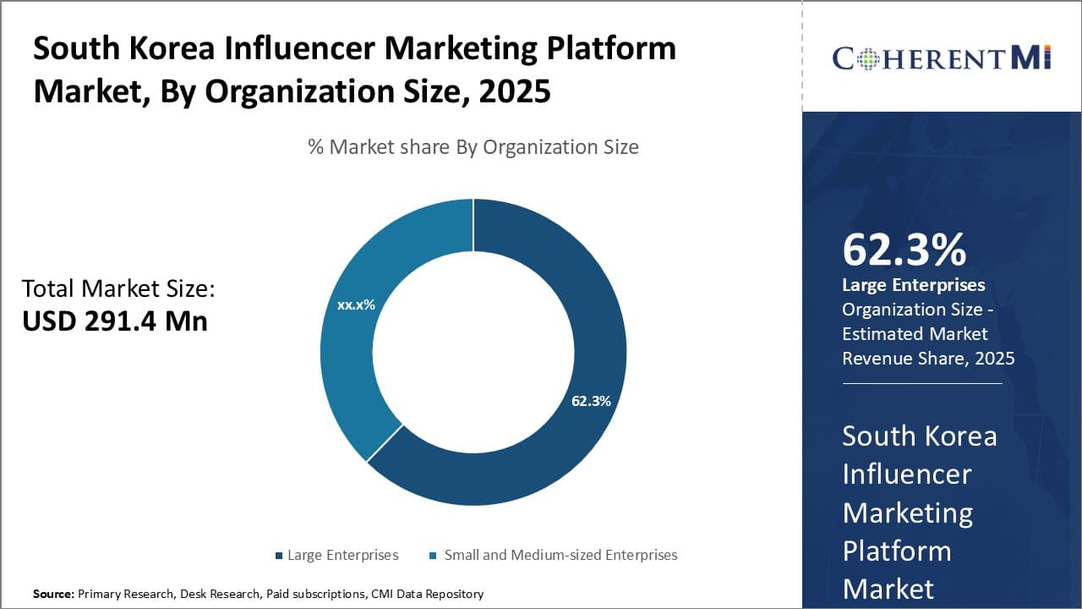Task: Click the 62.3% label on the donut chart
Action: pyautogui.click(x=591, y=401)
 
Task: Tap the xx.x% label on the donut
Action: pyautogui.click(x=356, y=304)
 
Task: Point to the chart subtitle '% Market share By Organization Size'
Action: pyautogui.click(x=473, y=147)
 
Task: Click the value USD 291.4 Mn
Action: pyautogui.click(x=115, y=321)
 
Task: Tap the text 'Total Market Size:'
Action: pyautogui.click(x=118, y=288)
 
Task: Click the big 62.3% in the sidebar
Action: pyautogui.click(x=904, y=250)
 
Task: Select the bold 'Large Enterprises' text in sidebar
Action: pyautogui.click(x=914, y=285)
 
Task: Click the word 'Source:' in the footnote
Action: pyautogui.click(x=53, y=594)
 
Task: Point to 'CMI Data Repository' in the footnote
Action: pyautogui.click(x=427, y=594)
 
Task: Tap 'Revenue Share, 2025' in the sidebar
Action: pyautogui.click(x=928, y=359)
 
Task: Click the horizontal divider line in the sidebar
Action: pyautogui.click(x=921, y=383)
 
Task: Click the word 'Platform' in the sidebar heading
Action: pyautogui.click(x=897, y=551)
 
